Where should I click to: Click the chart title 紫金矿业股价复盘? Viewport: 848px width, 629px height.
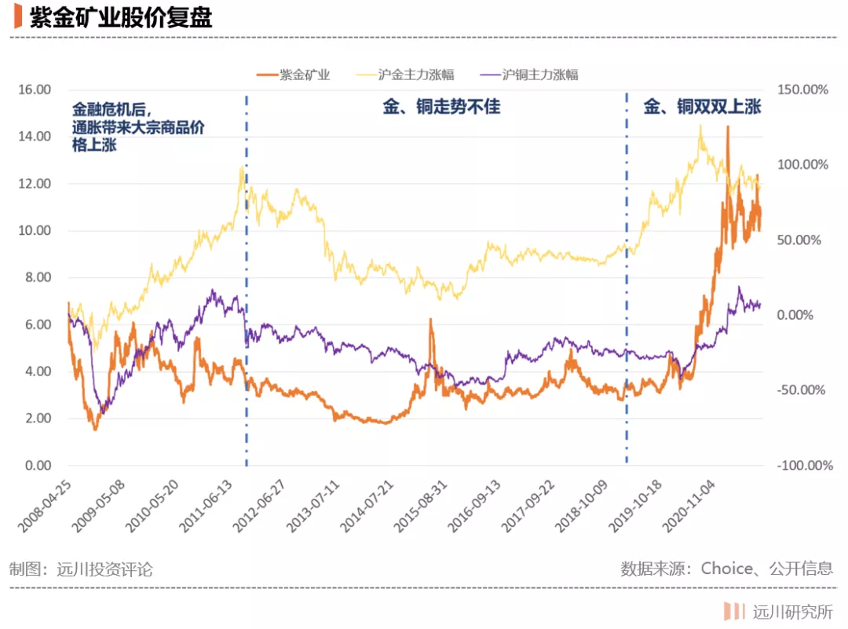click(121, 17)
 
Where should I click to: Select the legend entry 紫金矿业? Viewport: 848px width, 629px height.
click(293, 75)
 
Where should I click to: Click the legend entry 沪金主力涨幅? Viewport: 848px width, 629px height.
click(405, 75)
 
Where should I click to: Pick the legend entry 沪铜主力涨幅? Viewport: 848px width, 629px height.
click(529, 75)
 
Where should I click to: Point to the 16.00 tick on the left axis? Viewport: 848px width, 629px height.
click(35, 90)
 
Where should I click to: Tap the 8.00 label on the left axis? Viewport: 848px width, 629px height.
click(38, 277)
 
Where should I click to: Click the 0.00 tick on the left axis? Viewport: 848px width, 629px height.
click(38, 465)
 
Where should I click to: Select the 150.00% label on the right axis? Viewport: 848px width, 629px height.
click(802, 90)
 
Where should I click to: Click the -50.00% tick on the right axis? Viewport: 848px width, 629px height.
click(801, 390)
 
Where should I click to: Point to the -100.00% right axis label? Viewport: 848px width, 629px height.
click(805, 465)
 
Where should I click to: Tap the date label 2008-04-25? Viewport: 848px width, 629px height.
click(44, 506)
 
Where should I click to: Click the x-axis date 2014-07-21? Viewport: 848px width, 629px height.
click(366, 506)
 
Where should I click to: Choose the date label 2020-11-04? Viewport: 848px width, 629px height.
click(689, 506)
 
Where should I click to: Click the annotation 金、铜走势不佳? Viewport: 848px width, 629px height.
click(441, 107)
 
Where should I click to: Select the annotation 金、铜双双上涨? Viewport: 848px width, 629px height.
click(702, 107)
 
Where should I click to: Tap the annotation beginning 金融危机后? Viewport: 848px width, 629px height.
click(138, 127)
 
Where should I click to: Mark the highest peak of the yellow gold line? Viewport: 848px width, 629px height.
click(701, 126)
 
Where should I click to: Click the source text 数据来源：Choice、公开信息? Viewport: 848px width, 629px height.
click(726, 569)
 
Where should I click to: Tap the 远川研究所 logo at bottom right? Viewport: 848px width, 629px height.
click(778, 612)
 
